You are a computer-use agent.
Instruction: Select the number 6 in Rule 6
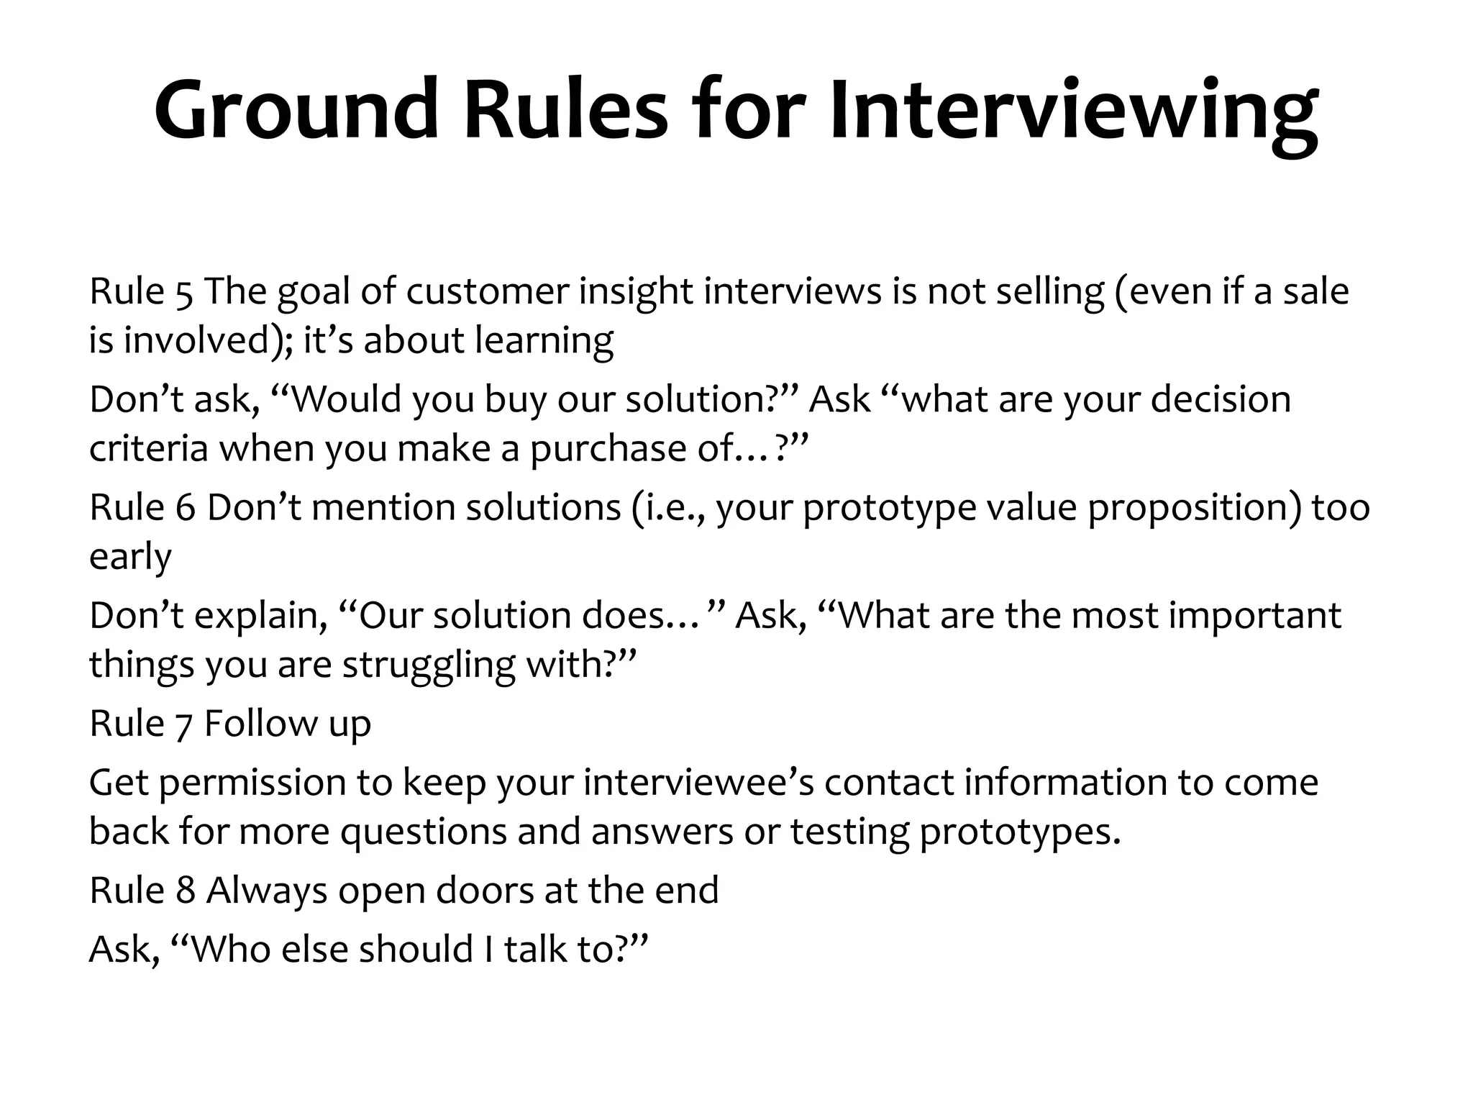186,508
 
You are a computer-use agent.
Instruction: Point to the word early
130,558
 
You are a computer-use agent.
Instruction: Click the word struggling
428,665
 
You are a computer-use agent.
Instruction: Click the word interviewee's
698,783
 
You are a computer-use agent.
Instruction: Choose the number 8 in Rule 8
186,891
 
